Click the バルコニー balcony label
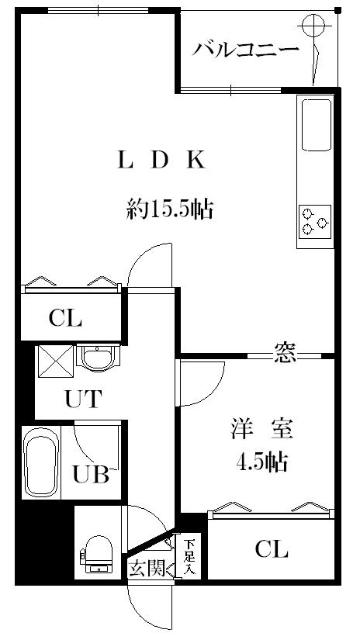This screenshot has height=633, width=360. pyautogui.click(x=246, y=50)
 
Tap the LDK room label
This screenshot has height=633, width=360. pyautogui.click(x=161, y=161)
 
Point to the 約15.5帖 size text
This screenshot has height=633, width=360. pyautogui.click(x=170, y=209)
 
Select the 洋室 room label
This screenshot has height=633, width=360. pyautogui.click(x=261, y=428)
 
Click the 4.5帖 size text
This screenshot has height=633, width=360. pyautogui.click(x=261, y=463)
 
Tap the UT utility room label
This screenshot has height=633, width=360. pyautogui.click(x=81, y=400)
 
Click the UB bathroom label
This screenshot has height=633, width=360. pyautogui.click(x=91, y=474)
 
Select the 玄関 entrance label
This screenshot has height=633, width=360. pyautogui.click(x=146, y=569)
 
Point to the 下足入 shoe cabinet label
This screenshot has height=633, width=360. pyautogui.click(x=189, y=556)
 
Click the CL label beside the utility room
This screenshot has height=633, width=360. pyautogui.click(x=65, y=317)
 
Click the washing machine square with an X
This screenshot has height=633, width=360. pyautogui.click(x=56, y=361)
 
